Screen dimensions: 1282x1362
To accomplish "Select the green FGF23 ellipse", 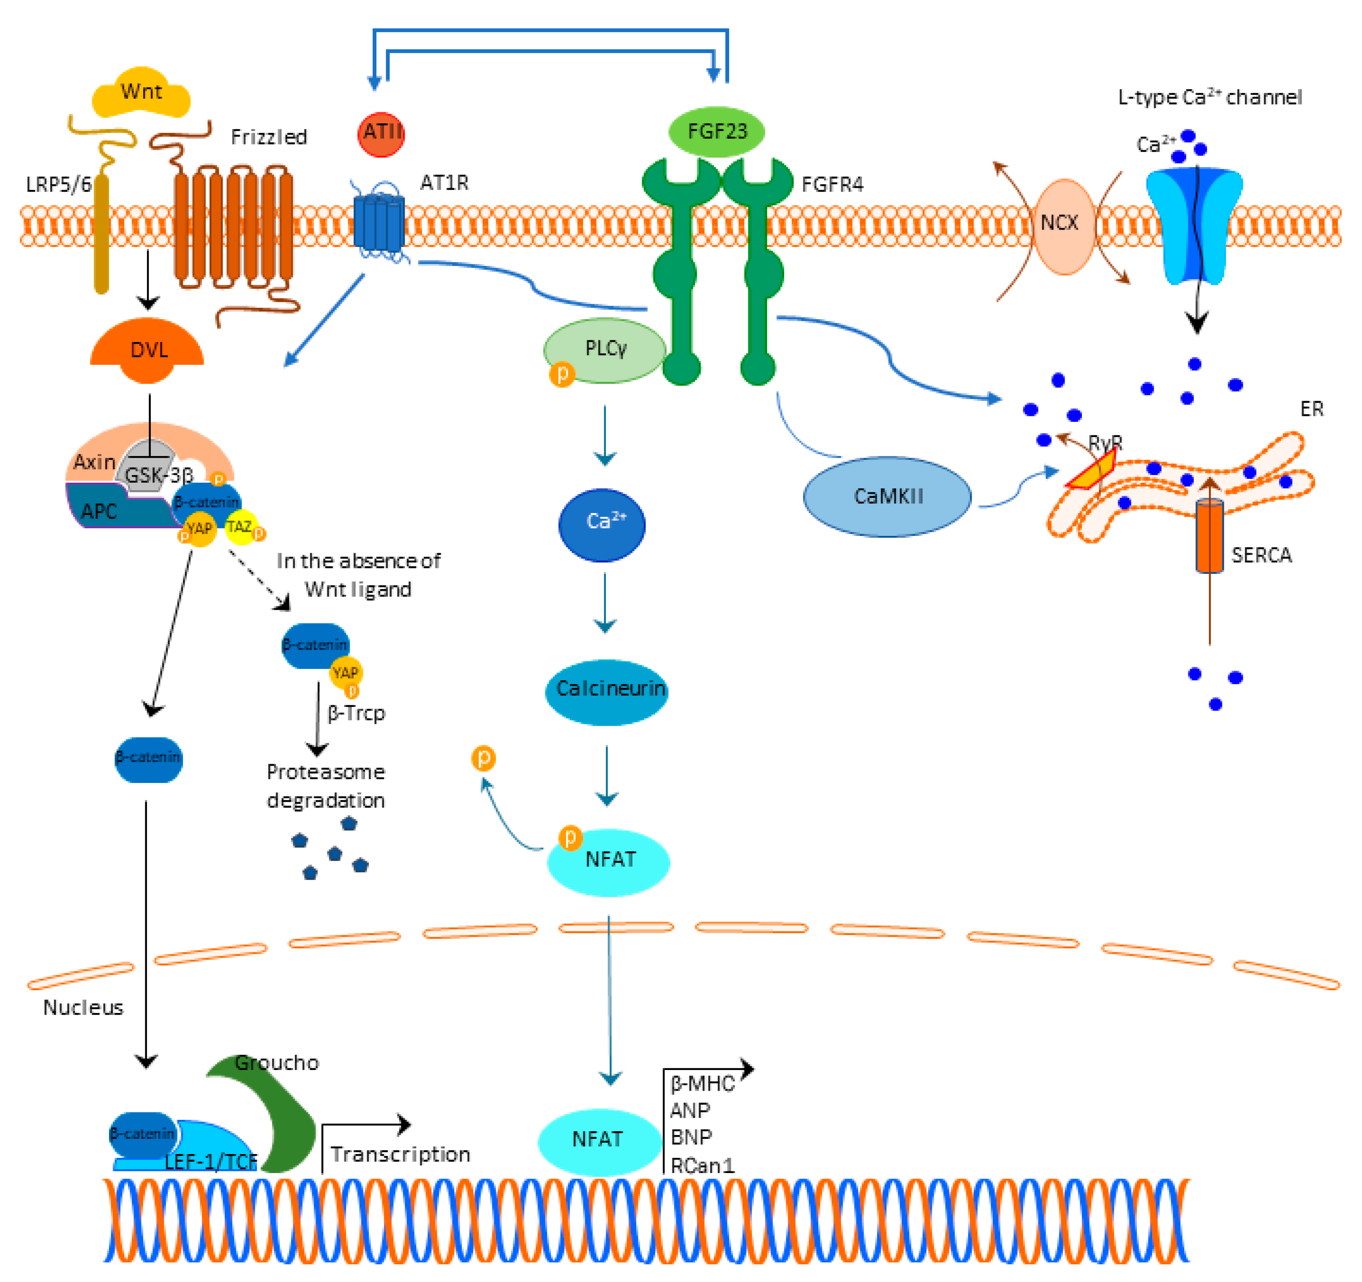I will coord(716,131).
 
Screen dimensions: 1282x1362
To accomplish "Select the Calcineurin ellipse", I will coord(607,690).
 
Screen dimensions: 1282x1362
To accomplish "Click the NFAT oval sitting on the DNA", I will coord(598,1140).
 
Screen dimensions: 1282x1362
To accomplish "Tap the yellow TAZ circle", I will coord(240,527).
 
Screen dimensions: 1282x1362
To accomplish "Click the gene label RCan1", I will coord(702,1165).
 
